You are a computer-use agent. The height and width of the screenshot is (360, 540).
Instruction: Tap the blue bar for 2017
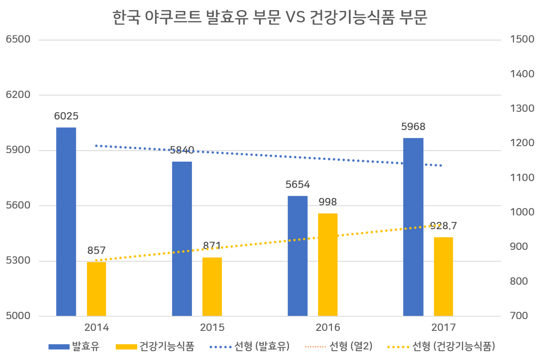(413, 226)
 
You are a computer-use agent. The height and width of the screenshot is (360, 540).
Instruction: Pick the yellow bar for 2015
(212, 286)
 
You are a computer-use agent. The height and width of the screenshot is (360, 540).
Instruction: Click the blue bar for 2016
(297, 255)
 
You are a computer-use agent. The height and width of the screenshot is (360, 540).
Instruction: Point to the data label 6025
(66, 116)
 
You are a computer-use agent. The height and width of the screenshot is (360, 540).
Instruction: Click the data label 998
(328, 202)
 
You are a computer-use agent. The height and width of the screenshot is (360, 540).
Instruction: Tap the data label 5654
(297, 184)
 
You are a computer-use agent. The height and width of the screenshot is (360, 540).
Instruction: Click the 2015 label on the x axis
(212, 328)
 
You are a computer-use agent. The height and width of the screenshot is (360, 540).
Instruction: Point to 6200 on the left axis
(18, 95)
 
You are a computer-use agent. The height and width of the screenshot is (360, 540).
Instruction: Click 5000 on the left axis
(18, 316)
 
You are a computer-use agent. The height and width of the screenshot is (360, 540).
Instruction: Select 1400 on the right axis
(522, 74)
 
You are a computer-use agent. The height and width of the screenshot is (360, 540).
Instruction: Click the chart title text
(270, 18)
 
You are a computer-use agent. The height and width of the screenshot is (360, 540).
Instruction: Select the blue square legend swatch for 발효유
(59, 347)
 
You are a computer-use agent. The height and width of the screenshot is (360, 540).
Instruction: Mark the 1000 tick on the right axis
(522, 212)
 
